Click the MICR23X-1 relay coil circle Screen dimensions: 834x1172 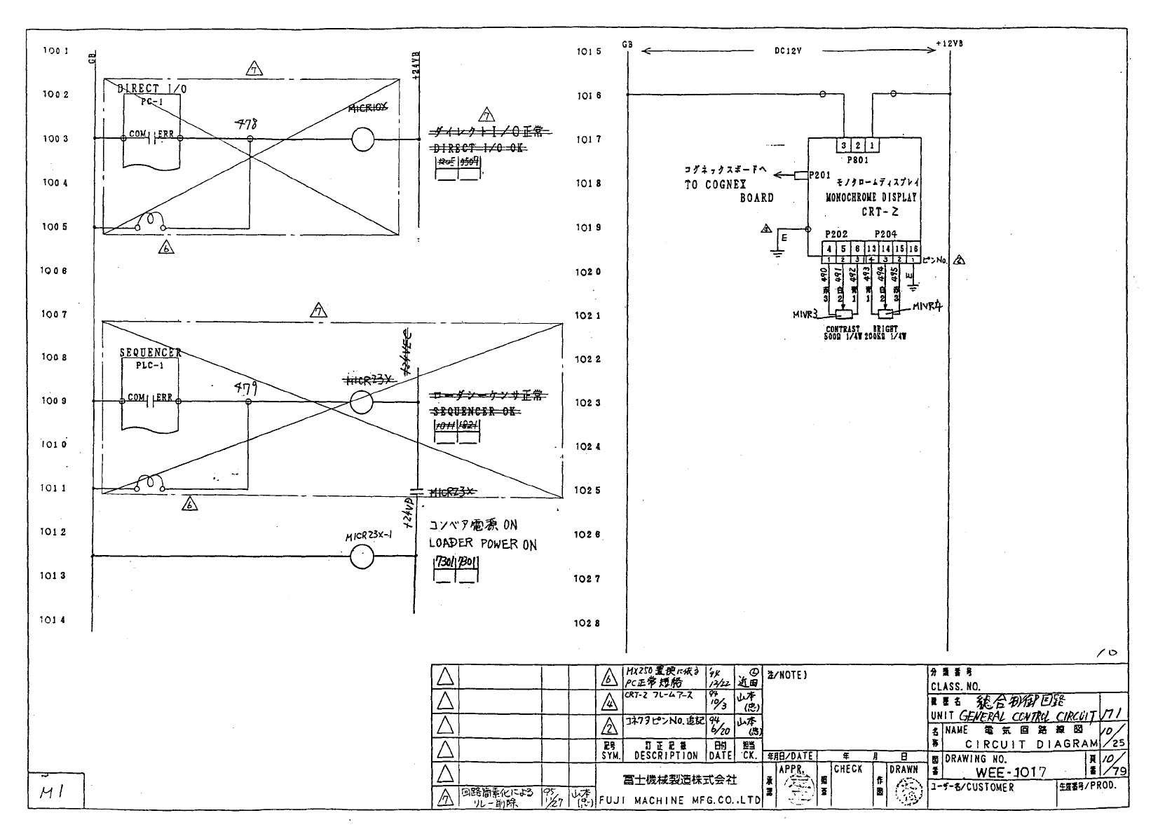tap(362, 557)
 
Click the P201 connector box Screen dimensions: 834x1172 tap(801, 175)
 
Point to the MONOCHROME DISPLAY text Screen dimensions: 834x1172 tap(871, 198)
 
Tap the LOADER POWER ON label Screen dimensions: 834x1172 tap(483, 544)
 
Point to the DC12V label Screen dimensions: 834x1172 tap(787, 51)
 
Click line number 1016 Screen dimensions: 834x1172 tap(588, 95)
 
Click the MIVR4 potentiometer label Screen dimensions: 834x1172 tap(928, 307)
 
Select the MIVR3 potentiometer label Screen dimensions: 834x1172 tap(805, 315)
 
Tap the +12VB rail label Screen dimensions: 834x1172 tap(950, 43)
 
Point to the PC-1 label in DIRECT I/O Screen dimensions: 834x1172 tap(148, 102)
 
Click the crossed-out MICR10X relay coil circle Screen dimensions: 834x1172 tap(362, 139)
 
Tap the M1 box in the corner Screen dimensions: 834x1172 tap(55, 791)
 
